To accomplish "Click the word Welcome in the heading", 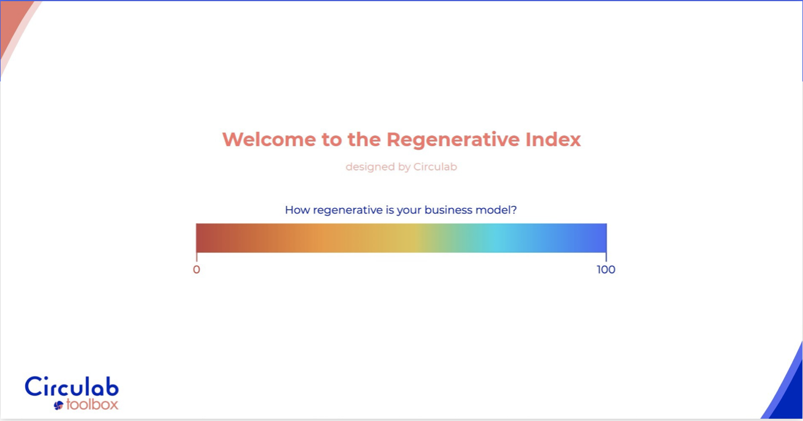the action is pyautogui.click(x=269, y=139).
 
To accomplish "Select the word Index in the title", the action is pyautogui.click(x=553, y=139).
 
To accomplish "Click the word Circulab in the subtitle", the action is pyautogui.click(x=435, y=166).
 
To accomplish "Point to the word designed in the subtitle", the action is pyautogui.click(x=365, y=167).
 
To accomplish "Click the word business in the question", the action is pyautogui.click(x=448, y=209).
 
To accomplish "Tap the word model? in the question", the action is pyautogui.click(x=496, y=209).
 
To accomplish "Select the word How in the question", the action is pyautogui.click(x=297, y=209).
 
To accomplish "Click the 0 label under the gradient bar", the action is pyautogui.click(x=196, y=270).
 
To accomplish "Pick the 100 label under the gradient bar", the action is pyautogui.click(x=606, y=270).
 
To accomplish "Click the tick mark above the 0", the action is pyautogui.click(x=196, y=257).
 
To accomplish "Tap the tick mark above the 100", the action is pyautogui.click(x=606, y=257).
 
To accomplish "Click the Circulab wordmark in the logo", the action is pyautogui.click(x=72, y=386).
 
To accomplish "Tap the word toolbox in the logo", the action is pyautogui.click(x=92, y=404).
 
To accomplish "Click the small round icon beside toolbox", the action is pyautogui.click(x=58, y=405).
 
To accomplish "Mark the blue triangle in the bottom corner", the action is pyautogui.click(x=787, y=391).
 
